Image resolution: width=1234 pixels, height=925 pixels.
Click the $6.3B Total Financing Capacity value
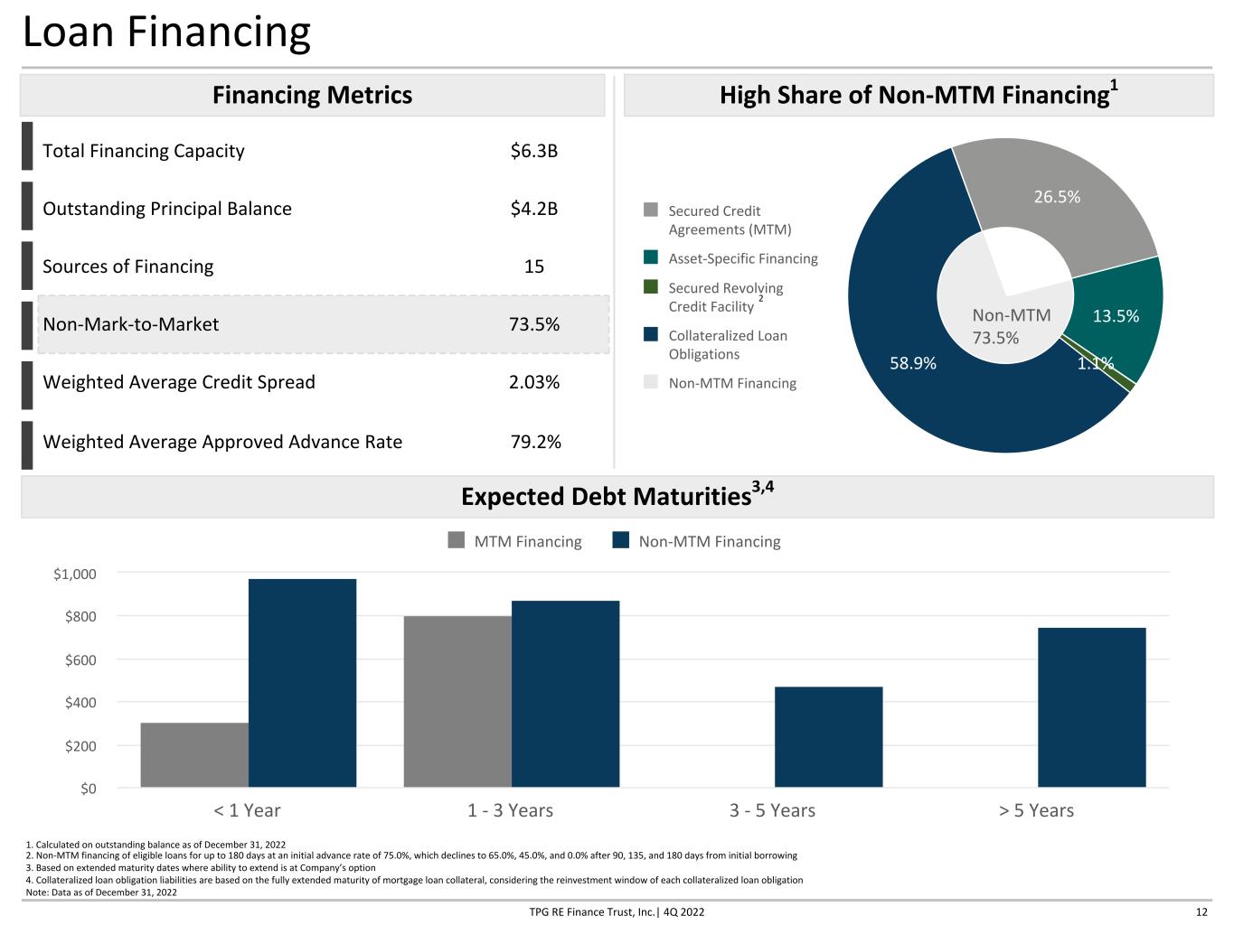pyautogui.click(x=533, y=151)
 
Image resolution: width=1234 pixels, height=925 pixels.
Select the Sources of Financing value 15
pyautogui.click(x=534, y=266)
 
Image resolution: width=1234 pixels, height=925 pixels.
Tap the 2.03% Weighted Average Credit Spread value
pyautogui.click(x=534, y=382)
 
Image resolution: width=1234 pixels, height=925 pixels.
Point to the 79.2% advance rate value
pyautogui.click(x=535, y=442)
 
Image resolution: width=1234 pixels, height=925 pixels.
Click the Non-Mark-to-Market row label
pyautogui.click(x=130, y=324)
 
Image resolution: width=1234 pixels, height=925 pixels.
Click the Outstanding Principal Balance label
pyautogui.click(x=167, y=209)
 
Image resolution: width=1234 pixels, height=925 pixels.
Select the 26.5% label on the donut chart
pyautogui.click(x=1057, y=197)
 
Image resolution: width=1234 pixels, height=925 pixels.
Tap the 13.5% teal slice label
pyautogui.click(x=1116, y=316)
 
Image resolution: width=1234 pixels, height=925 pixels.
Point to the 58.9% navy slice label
pyautogui.click(x=912, y=363)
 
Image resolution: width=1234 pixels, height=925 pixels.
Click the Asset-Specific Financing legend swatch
pyautogui.click(x=651, y=257)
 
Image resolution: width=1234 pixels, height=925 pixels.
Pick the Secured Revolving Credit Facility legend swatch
pyautogui.click(x=651, y=286)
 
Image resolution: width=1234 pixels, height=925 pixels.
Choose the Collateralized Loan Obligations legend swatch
pyautogui.click(x=651, y=334)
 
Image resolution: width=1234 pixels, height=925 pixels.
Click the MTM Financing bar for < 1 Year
pyautogui.click(x=194, y=755)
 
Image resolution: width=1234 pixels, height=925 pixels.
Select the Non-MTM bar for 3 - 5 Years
pyautogui.click(x=829, y=737)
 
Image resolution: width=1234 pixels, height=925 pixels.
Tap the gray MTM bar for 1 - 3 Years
pyautogui.click(x=457, y=702)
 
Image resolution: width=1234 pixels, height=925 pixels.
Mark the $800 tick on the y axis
pyautogui.click(x=80, y=617)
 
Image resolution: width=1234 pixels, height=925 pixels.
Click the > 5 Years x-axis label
pyautogui.click(x=1036, y=810)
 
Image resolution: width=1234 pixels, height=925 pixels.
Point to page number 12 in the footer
pyautogui.click(x=1201, y=912)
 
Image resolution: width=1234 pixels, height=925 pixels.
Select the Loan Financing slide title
pyautogui.click(x=166, y=32)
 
